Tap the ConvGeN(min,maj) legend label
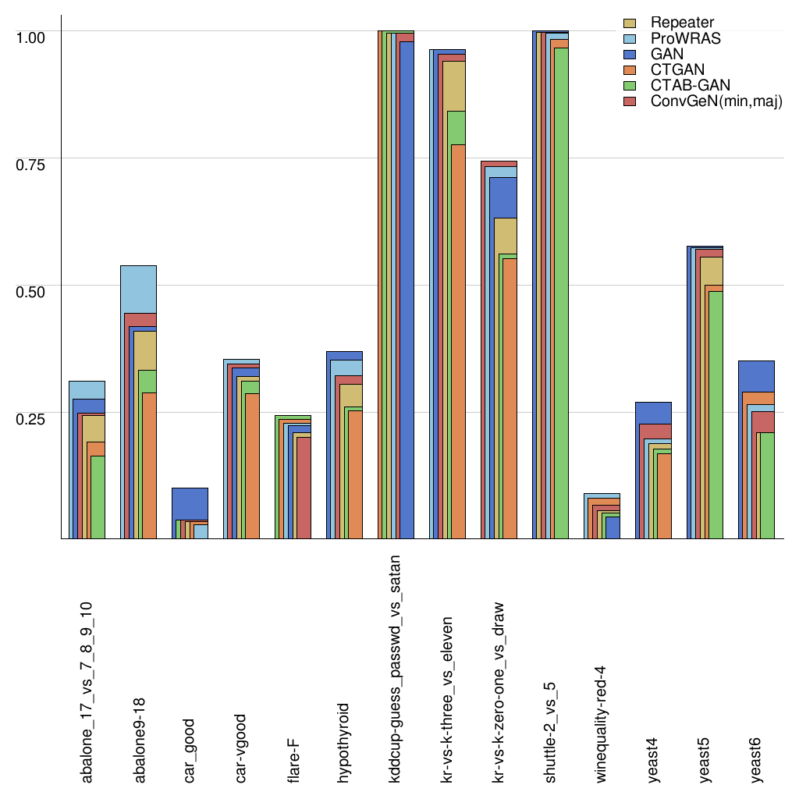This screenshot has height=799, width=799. coord(716,101)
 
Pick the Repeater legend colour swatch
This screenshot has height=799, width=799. coord(630,23)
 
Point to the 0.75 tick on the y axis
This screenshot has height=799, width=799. coord(30,163)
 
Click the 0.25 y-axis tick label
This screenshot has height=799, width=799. coord(30,417)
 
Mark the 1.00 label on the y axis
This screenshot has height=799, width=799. coord(30,36)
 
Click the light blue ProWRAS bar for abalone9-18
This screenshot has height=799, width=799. coord(138,289)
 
